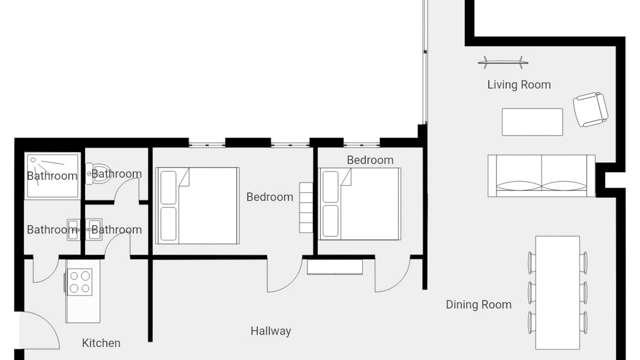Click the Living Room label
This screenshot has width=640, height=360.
coord(519,85)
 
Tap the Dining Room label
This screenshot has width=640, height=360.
coord(478,304)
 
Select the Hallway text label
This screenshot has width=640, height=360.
coord(271,331)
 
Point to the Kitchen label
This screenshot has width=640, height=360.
coord(101,343)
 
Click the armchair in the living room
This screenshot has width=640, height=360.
coord(590,109)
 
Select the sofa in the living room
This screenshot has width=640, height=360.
coord(541,176)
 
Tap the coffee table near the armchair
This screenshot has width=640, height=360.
coord(532,122)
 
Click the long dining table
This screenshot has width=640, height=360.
coord(557,292)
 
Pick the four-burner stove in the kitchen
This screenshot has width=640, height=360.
coord(79,282)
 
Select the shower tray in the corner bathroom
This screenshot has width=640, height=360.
coord(52,175)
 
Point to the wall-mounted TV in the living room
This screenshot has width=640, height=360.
coord(503,62)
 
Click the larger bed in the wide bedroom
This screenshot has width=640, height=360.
coord(197,205)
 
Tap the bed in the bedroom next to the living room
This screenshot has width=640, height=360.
coord(359,203)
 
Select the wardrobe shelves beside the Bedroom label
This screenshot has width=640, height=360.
coord(306,207)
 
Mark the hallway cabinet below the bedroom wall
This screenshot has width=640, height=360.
coord(335,267)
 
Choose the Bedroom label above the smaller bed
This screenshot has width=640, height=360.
coord(370,160)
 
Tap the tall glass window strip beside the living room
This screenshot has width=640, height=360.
coord(425,61)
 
